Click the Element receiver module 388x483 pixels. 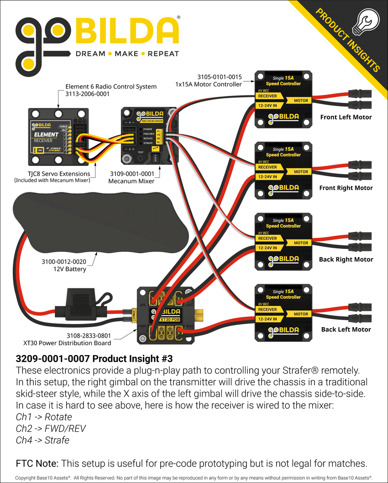[58, 137]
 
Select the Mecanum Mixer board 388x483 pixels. [149, 136]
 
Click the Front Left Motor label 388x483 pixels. [346, 117]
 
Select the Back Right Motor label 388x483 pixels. [346, 259]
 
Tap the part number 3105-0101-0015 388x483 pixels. [219, 77]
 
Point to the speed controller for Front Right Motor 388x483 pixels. [283, 170]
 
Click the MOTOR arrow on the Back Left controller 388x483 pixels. [301, 314]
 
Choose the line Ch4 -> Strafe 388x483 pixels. [42, 440]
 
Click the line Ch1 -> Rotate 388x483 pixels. [44, 416]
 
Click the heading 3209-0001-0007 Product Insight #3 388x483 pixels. [94, 357]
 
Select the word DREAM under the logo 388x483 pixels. [90, 53]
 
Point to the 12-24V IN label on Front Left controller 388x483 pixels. [267, 105]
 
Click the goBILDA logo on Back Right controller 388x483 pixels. [283, 259]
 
